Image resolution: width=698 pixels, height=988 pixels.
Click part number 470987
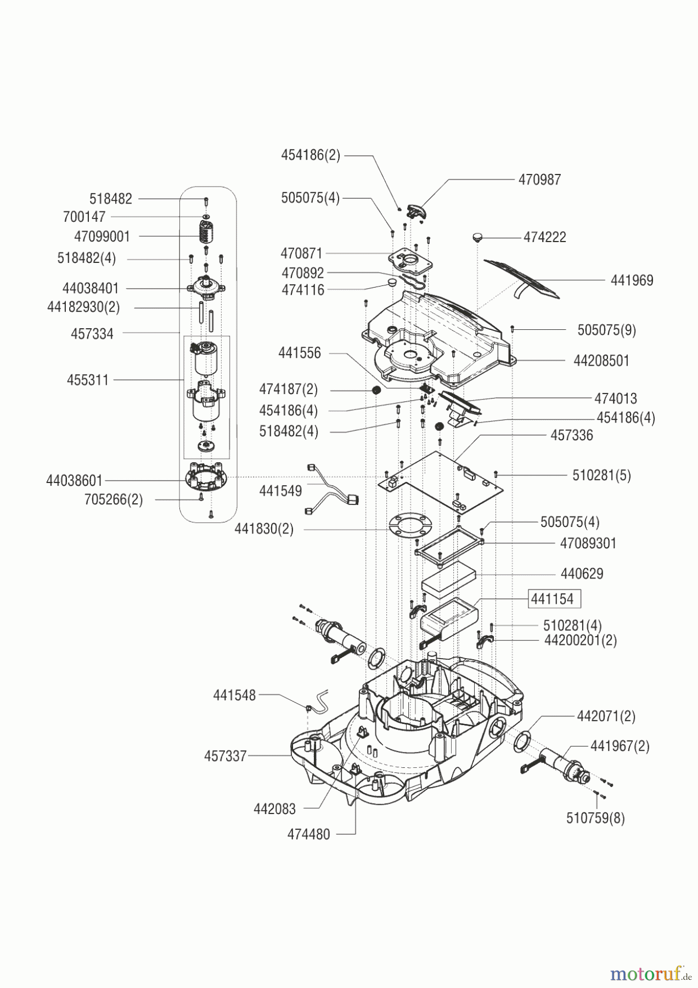click(539, 179)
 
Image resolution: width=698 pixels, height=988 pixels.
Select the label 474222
click(544, 237)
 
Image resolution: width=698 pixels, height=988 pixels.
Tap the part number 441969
click(632, 280)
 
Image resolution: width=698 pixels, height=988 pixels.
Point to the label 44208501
click(601, 361)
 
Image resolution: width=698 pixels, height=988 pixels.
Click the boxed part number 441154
click(552, 599)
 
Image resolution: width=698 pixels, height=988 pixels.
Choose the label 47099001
click(102, 237)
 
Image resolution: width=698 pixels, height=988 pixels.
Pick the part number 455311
click(88, 380)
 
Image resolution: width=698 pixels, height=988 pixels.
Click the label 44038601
click(74, 481)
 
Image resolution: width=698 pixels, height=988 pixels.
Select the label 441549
click(280, 491)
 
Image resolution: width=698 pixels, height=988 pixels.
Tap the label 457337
click(225, 756)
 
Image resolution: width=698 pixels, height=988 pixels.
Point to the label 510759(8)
click(595, 818)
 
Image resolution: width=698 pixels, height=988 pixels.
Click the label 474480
click(308, 834)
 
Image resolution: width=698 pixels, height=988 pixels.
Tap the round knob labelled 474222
click(477, 237)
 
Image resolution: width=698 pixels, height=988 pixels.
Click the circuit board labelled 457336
click(441, 481)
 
